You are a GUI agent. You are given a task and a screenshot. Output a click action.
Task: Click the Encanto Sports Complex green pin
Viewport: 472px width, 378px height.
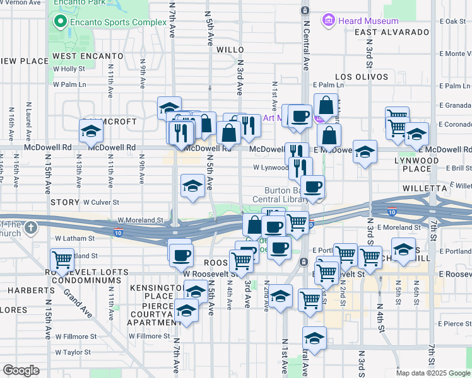pyautogui.click(x=61, y=22)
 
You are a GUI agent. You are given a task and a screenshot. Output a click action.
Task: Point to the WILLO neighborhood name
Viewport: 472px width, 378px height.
pyautogui.click(x=230, y=49)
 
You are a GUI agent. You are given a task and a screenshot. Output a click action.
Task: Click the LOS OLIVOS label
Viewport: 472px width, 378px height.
pyautogui.click(x=362, y=77)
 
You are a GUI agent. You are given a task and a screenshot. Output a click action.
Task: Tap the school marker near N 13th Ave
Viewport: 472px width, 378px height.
pyautogui.click(x=91, y=132)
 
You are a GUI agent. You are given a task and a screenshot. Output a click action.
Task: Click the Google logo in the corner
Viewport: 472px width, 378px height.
pyautogui.click(x=21, y=370)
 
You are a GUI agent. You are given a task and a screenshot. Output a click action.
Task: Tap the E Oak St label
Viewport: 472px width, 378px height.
pyautogui.click(x=456, y=21)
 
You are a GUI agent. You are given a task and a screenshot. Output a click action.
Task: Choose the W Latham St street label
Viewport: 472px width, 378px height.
pyautogui.click(x=74, y=239)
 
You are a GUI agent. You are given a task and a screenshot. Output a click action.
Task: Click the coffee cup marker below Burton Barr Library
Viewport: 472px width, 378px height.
pyautogui.click(x=312, y=186)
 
